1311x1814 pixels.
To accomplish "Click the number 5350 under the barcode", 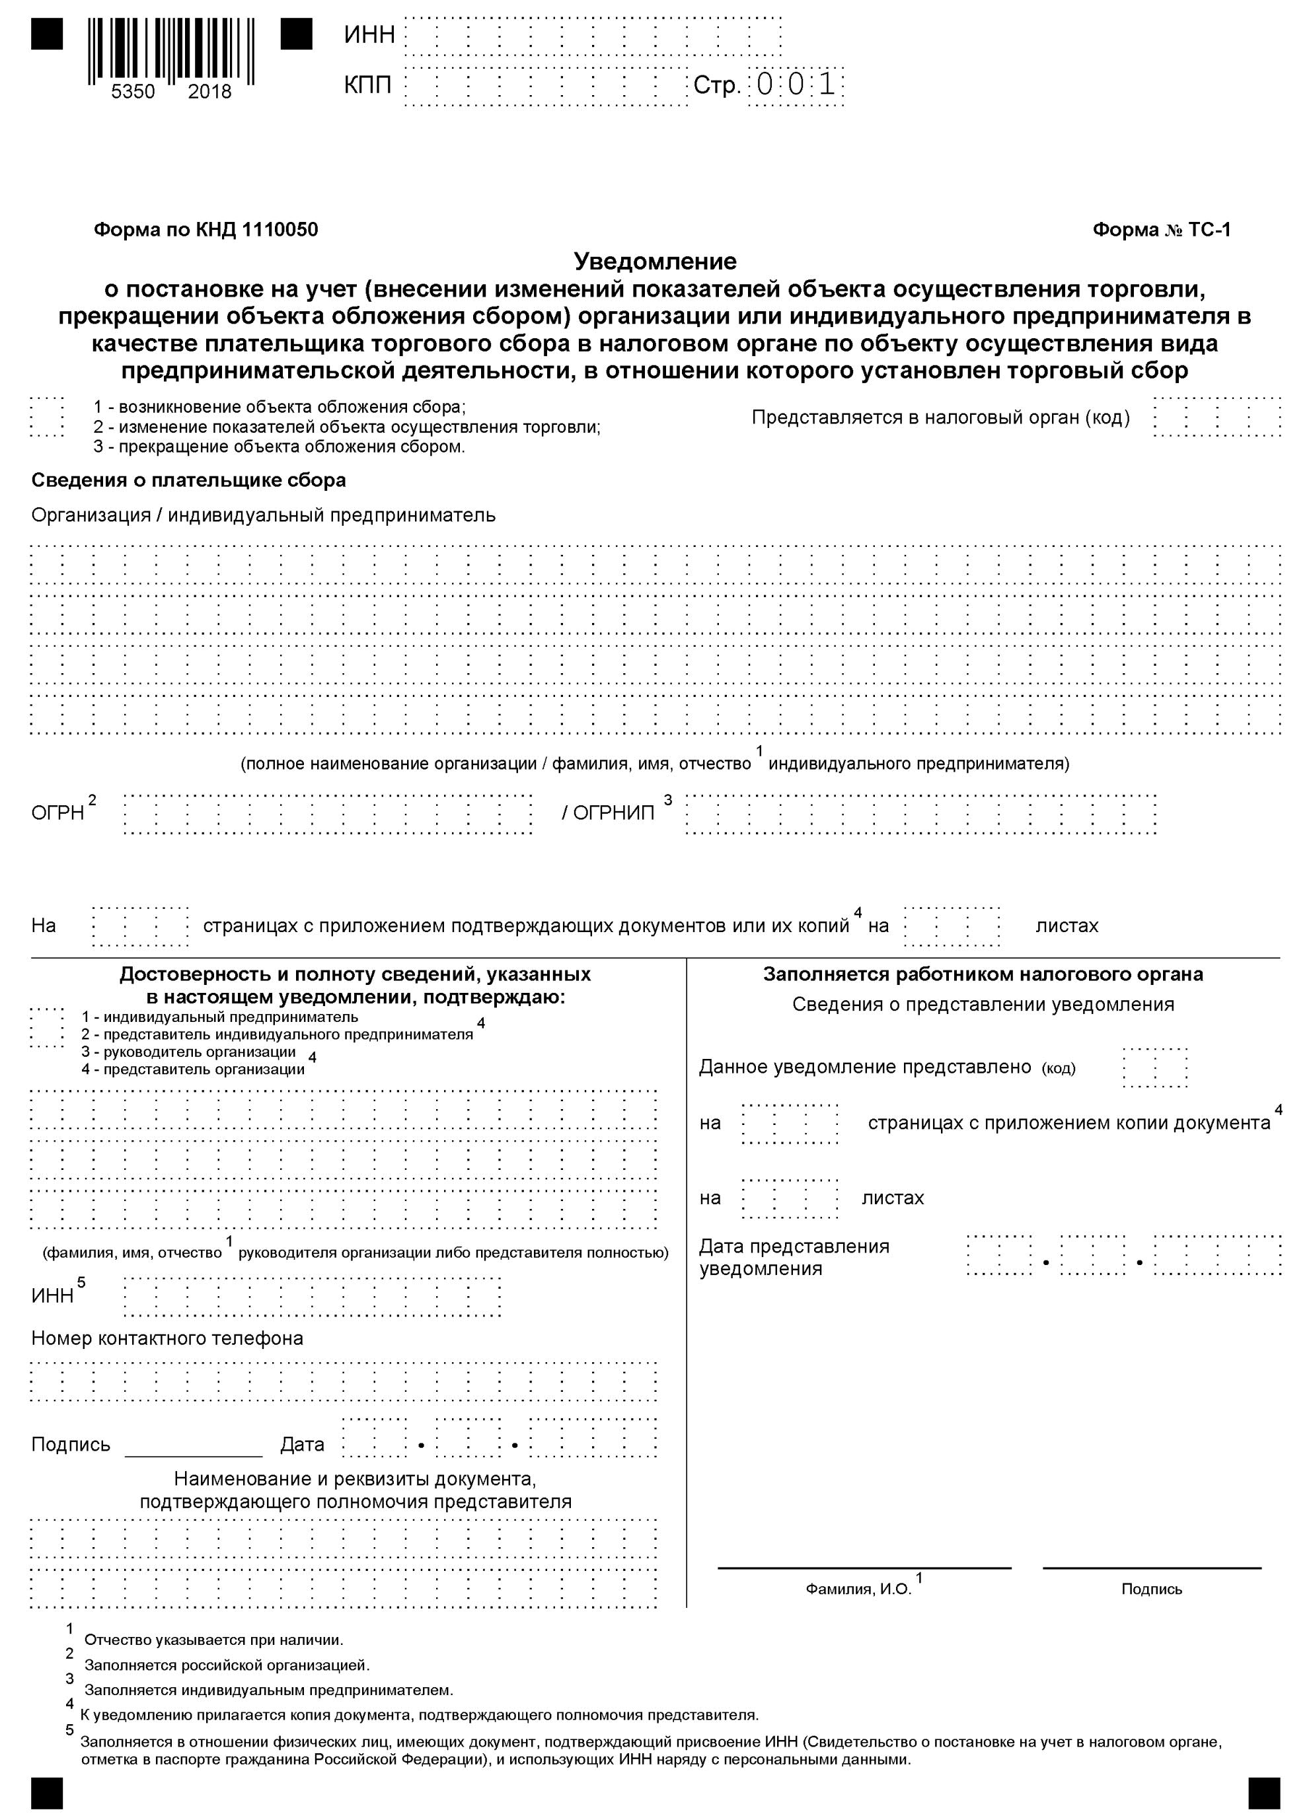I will [x=133, y=92].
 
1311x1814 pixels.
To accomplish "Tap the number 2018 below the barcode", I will [x=209, y=92].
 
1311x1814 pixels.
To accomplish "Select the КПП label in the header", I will [x=368, y=85].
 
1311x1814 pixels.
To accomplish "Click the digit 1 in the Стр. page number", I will [x=827, y=85].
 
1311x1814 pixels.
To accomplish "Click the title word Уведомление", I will [x=655, y=262].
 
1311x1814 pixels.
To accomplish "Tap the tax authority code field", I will [x=1217, y=417].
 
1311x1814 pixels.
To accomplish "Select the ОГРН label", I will [x=57, y=813].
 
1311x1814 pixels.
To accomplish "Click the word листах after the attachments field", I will [x=1067, y=926].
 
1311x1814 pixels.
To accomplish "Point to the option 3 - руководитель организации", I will [x=189, y=1052].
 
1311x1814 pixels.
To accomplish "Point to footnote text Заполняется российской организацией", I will [x=227, y=1666].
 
